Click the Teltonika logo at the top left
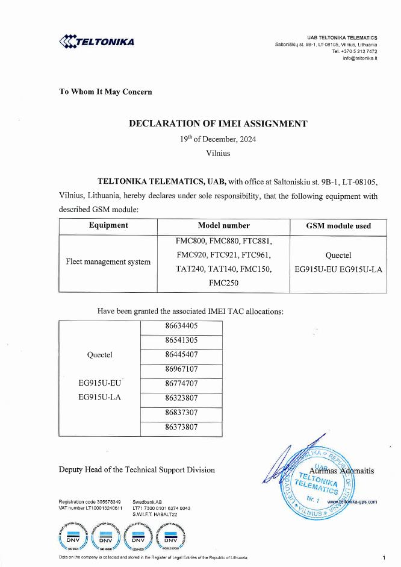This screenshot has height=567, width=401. point(97,42)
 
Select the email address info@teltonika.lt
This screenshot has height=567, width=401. point(360,58)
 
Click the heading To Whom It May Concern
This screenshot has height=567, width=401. point(105,92)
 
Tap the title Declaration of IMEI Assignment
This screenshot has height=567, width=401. point(218,124)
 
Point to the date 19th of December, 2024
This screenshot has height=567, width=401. point(217,139)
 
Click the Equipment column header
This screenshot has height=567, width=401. point(108,225)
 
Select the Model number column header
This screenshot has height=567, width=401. point(223,225)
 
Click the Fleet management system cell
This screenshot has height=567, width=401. point(108,262)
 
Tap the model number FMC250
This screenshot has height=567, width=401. point(223,282)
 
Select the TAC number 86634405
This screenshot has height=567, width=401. point(181,326)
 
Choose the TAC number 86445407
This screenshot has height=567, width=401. point(181,354)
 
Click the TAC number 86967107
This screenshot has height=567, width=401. point(181,369)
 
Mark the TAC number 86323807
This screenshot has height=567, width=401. point(181,398)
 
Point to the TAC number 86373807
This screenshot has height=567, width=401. point(181,427)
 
